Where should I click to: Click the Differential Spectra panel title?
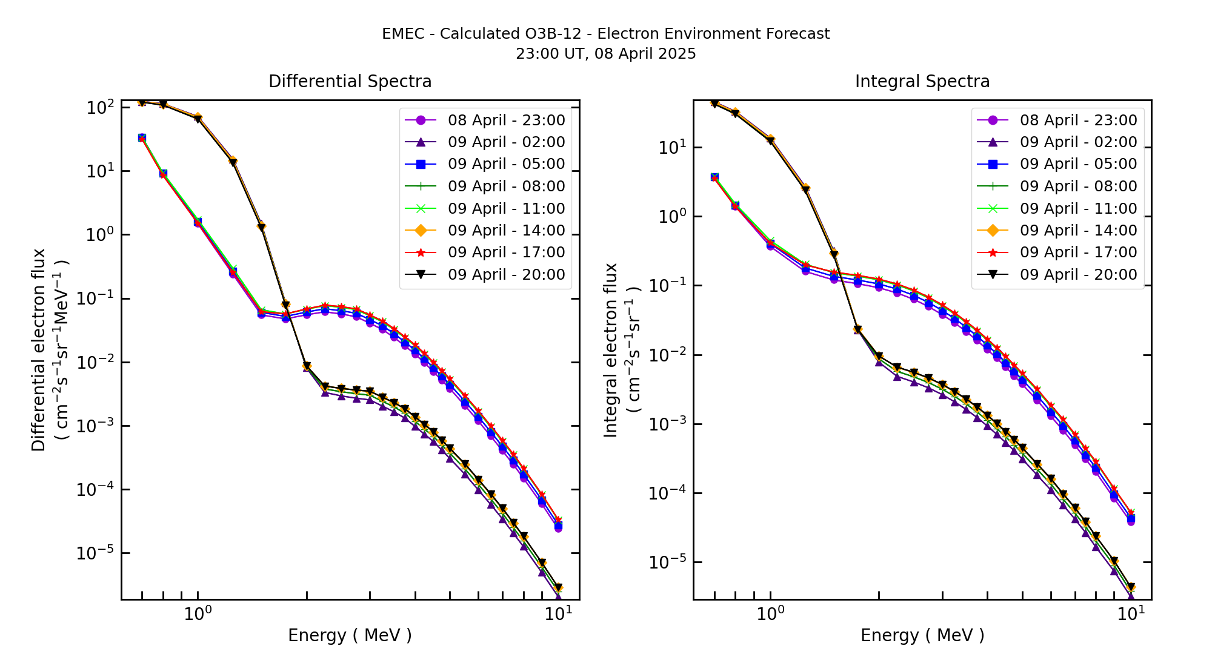[x=350, y=81]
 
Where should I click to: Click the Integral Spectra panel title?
[x=922, y=81]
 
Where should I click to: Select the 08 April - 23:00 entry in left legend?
[x=506, y=120]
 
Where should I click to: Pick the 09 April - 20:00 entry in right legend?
[x=1078, y=274]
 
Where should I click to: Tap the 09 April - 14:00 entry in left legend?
[x=506, y=230]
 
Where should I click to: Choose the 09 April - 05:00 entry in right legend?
[x=1078, y=164]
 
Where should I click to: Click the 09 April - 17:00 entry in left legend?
[x=506, y=252]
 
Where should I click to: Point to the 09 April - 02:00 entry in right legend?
[x=1078, y=142]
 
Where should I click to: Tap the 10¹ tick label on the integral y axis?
[x=672, y=147]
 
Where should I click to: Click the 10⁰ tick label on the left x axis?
[x=198, y=613]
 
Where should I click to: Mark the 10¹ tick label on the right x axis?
[x=1131, y=613]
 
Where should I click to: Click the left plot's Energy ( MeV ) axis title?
[x=350, y=635]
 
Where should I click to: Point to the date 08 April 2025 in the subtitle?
[x=645, y=54]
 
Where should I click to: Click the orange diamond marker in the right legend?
[x=993, y=230]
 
